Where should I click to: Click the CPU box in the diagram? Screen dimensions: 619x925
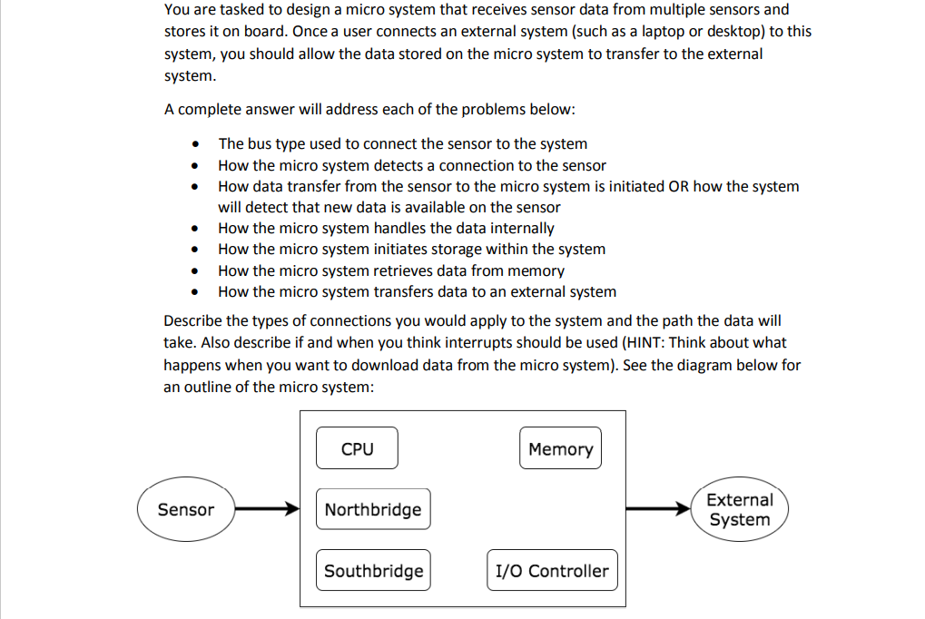357,448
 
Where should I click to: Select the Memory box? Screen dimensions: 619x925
560,448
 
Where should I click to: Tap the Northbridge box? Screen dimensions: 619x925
372,509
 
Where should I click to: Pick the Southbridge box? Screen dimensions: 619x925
373,571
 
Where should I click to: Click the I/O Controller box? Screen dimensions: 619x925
552,571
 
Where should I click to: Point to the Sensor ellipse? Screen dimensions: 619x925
185,509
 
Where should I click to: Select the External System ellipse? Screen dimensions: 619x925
739,509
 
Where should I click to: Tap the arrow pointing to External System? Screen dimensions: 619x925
658,509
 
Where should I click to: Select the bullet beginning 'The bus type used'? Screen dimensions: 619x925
402,144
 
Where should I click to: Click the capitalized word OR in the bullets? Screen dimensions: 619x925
678,186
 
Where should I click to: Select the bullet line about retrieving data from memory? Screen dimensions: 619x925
390,270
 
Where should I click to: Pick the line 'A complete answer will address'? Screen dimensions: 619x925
369,109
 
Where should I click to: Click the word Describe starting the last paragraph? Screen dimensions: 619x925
193,321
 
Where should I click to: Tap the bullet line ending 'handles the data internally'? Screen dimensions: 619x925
386,229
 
